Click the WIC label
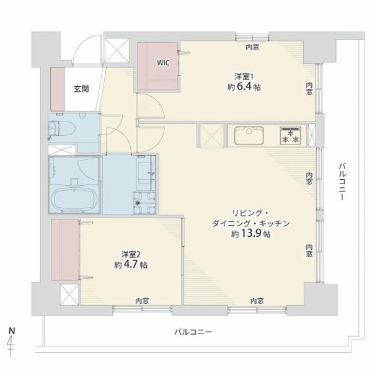point(163,63)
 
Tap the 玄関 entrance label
point(81,89)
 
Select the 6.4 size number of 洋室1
point(244,87)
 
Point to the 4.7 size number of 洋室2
point(130,264)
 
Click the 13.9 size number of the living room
point(251,234)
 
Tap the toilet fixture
point(62,128)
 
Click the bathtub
point(75,199)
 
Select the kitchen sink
point(249,136)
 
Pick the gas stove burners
point(291,136)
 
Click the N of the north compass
point(12,330)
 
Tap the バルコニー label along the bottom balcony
point(193,332)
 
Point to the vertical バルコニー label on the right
point(342,182)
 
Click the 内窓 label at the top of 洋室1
point(252,48)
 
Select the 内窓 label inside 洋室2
point(142,301)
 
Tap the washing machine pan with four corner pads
point(144,203)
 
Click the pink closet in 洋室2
point(64,250)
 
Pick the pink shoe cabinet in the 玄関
point(58,89)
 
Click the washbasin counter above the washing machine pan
point(146,173)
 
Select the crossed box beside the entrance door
point(117,51)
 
